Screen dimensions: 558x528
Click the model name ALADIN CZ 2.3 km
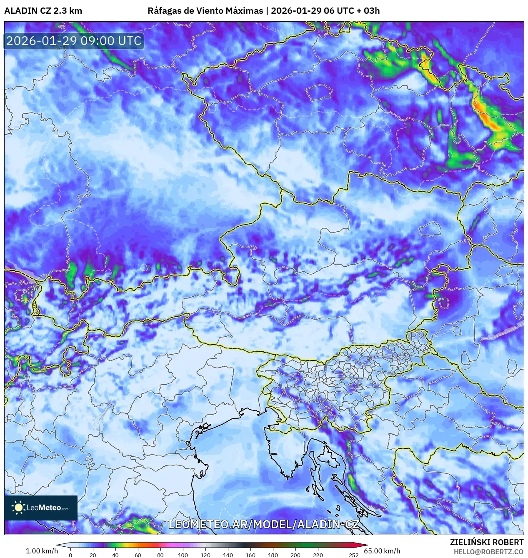click(x=43, y=11)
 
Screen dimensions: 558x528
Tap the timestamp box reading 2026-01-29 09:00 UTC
click(x=74, y=41)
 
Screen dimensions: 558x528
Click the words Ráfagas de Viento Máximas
click(x=205, y=11)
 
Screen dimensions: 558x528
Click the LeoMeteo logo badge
click(x=41, y=508)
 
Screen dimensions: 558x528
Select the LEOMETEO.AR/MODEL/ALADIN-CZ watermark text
click(x=263, y=524)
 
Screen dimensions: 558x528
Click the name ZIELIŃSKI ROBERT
click(x=486, y=542)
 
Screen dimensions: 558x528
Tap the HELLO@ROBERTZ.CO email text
click(x=488, y=551)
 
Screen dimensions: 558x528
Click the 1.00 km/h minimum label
click(x=42, y=551)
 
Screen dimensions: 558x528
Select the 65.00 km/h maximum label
click(x=382, y=551)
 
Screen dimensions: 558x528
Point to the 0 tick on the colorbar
click(x=70, y=555)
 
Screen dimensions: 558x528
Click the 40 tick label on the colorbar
click(x=115, y=555)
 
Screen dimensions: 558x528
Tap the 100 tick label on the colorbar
click(x=183, y=555)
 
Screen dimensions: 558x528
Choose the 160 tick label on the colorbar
click(x=250, y=555)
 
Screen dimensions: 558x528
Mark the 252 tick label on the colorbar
click(x=354, y=555)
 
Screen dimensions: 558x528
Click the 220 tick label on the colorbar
click(x=318, y=555)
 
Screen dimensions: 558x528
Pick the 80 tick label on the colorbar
click(x=160, y=555)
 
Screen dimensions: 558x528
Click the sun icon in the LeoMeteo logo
click(x=18, y=507)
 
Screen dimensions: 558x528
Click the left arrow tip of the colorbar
click(x=58, y=545)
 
